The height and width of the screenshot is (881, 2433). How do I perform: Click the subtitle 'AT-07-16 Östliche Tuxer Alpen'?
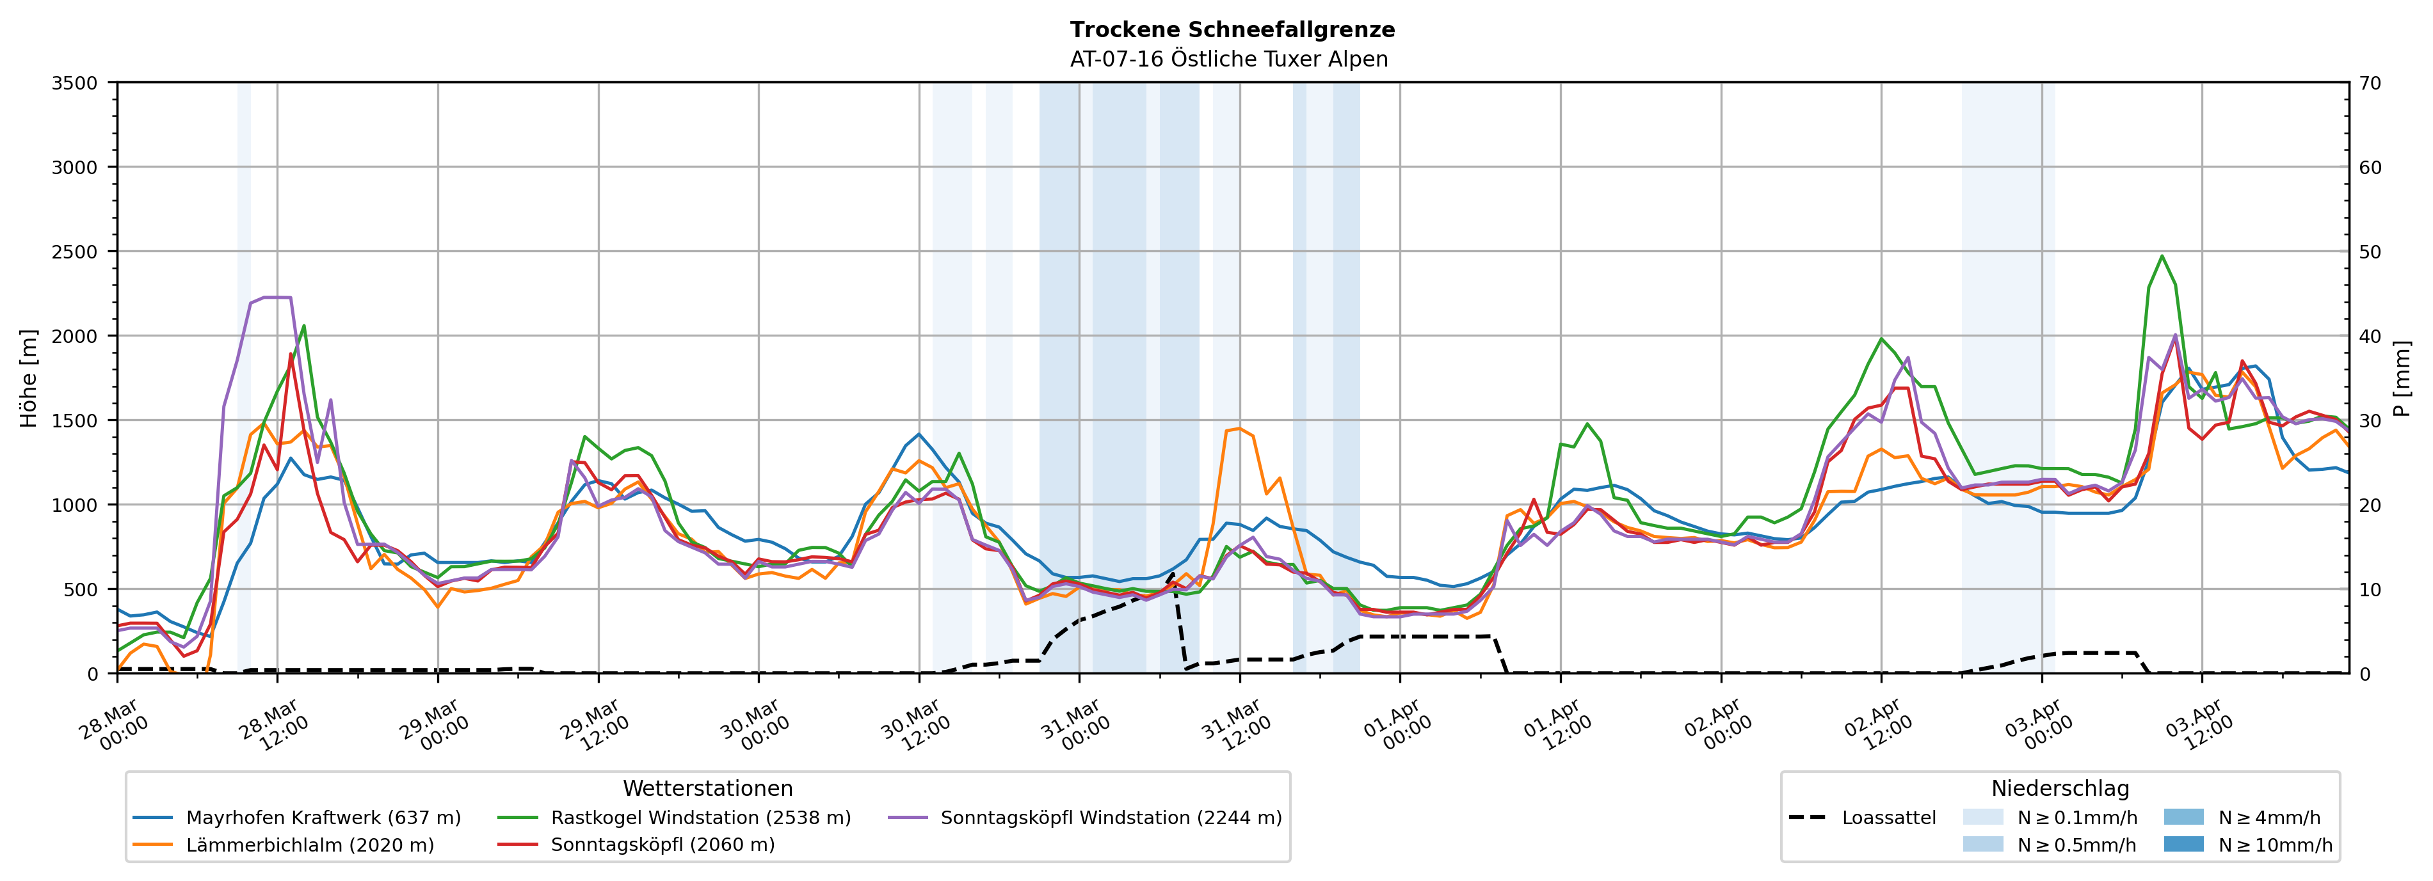pyautogui.click(x=1228, y=59)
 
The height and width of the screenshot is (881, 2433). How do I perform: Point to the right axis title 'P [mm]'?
pyautogui.click(x=2402, y=377)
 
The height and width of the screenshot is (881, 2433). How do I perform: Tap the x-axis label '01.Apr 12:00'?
pyautogui.click(x=1557, y=725)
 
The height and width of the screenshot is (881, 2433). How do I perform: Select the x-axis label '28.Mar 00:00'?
pyautogui.click(x=113, y=725)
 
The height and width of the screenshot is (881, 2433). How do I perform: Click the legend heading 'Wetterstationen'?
pyautogui.click(x=707, y=788)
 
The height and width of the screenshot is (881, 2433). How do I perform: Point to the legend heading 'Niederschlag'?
pyautogui.click(x=2060, y=788)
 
